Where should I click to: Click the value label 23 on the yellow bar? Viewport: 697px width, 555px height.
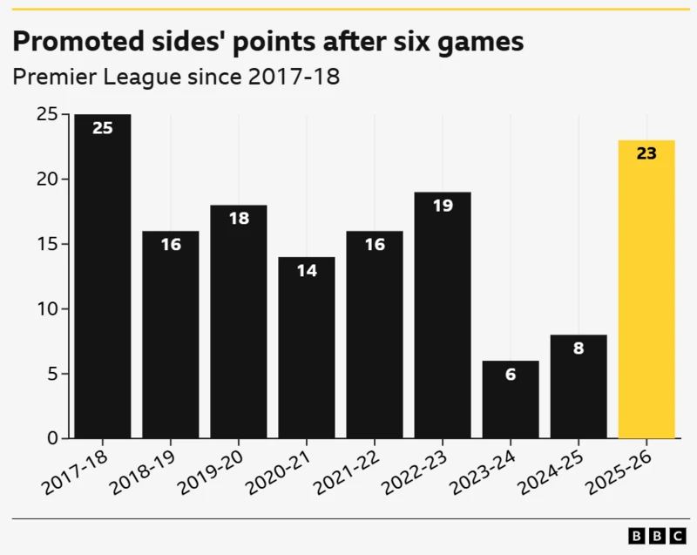click(646, 154)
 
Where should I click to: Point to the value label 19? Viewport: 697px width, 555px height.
click(443, 206)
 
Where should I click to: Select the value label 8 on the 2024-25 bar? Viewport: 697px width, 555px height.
click(579, 349)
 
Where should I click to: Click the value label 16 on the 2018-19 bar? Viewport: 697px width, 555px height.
click(171, 245)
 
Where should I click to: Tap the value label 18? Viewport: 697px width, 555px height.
click(239, 219)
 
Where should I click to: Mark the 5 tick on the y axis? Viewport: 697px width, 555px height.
click(53, 374)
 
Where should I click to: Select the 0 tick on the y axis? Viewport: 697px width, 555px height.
click(53, 438)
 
